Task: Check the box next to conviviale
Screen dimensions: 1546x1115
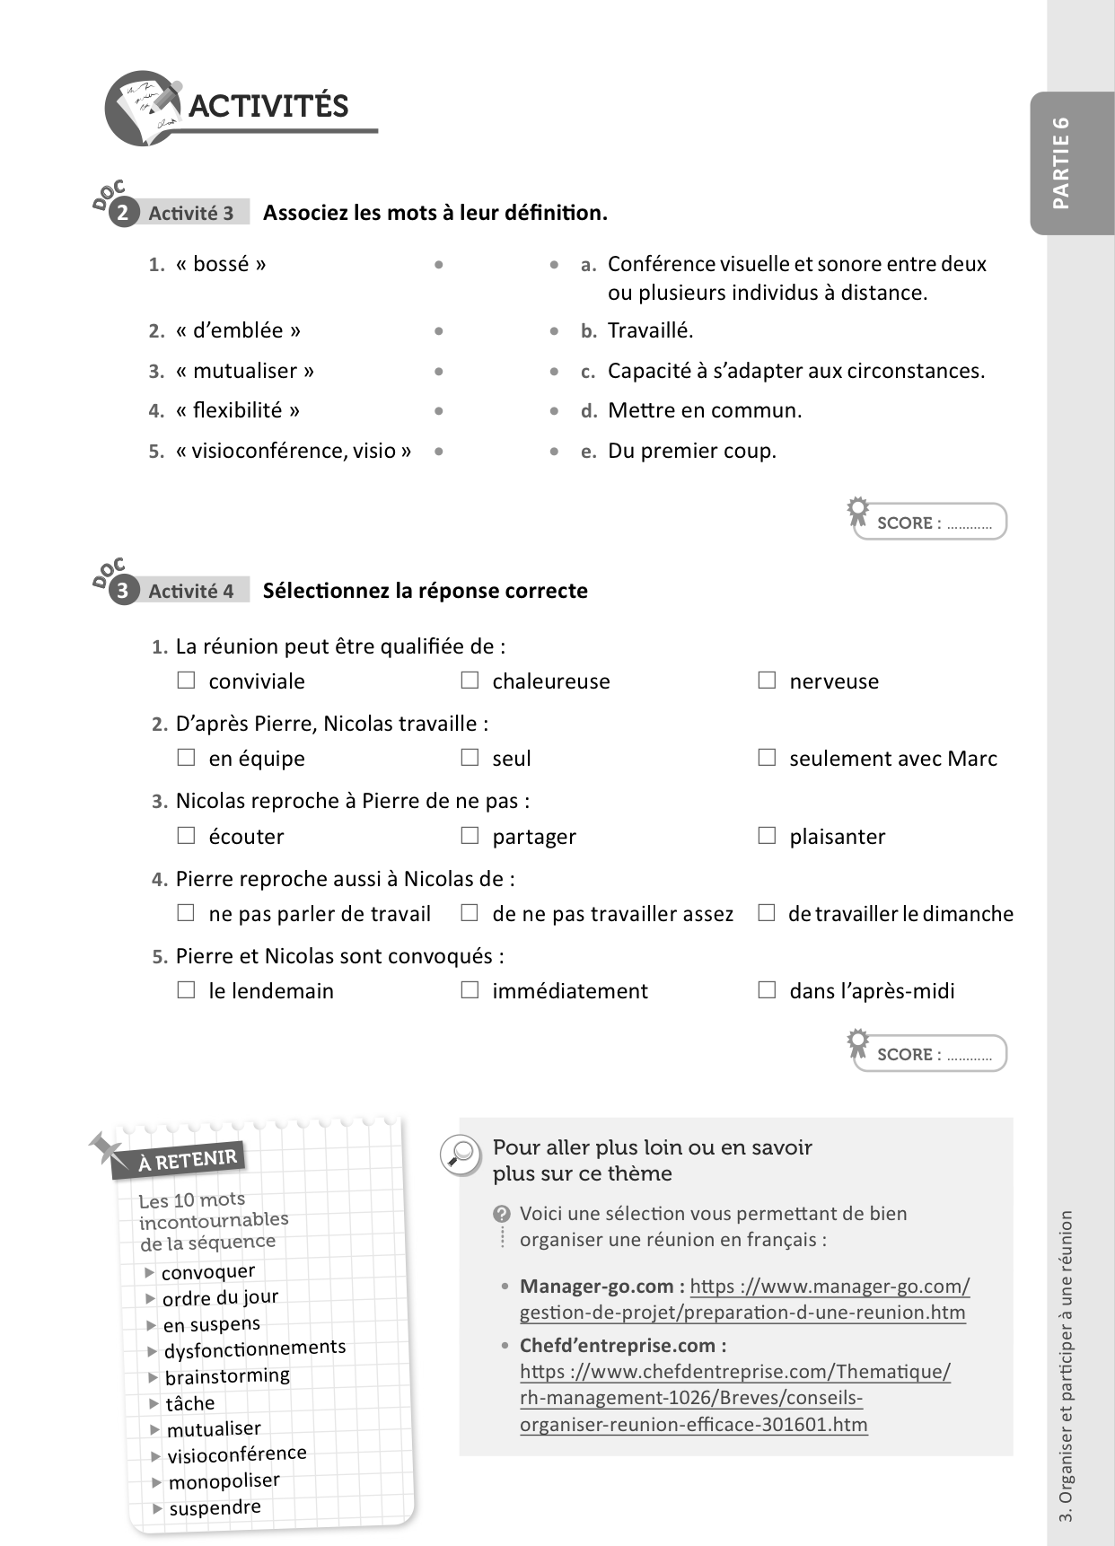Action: (x=186, y=681)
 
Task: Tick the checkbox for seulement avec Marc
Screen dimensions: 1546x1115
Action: (x=767, y=758)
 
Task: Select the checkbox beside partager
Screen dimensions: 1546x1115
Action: (x=470, y=836)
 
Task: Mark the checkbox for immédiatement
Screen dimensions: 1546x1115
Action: (x=470, y=990)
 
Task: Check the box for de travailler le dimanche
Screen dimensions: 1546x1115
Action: (x=767, y=913)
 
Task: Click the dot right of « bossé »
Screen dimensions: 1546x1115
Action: (x=438, y=265)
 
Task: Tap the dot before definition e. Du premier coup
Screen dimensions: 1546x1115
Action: (x=555, y=451)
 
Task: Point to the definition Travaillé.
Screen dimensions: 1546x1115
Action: (x=650, y=330)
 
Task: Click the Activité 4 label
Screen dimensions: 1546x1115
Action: (x=191, y=591)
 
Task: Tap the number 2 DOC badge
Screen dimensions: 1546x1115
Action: (x=123, y=213)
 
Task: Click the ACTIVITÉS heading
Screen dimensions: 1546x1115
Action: (x=268, y=106)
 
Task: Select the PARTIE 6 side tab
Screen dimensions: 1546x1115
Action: (x=1062, y=163)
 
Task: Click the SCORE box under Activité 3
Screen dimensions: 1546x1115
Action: (x=931, y=523)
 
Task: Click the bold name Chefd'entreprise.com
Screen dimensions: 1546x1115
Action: (x=623, y=1345)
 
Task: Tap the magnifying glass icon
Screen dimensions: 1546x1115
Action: (x=461, y=1154)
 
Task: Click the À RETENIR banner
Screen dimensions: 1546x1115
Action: (x=186, y=1160)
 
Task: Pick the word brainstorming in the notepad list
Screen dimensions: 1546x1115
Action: (x=227, y=1375)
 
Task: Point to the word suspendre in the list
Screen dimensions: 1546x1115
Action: (x=215, y=1507)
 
